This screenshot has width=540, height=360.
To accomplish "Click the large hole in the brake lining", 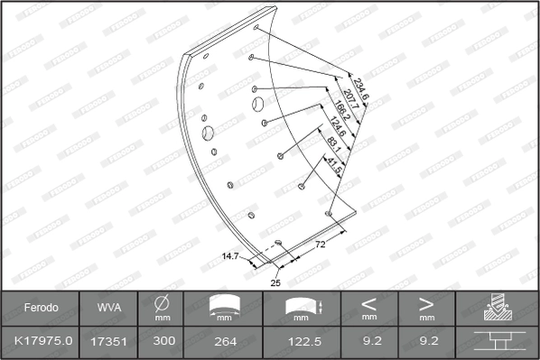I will click(x=209, y=134).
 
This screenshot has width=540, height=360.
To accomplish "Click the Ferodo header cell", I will click(x=41, y=308).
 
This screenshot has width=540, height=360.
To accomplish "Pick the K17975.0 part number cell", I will click(x=41, y=340).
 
